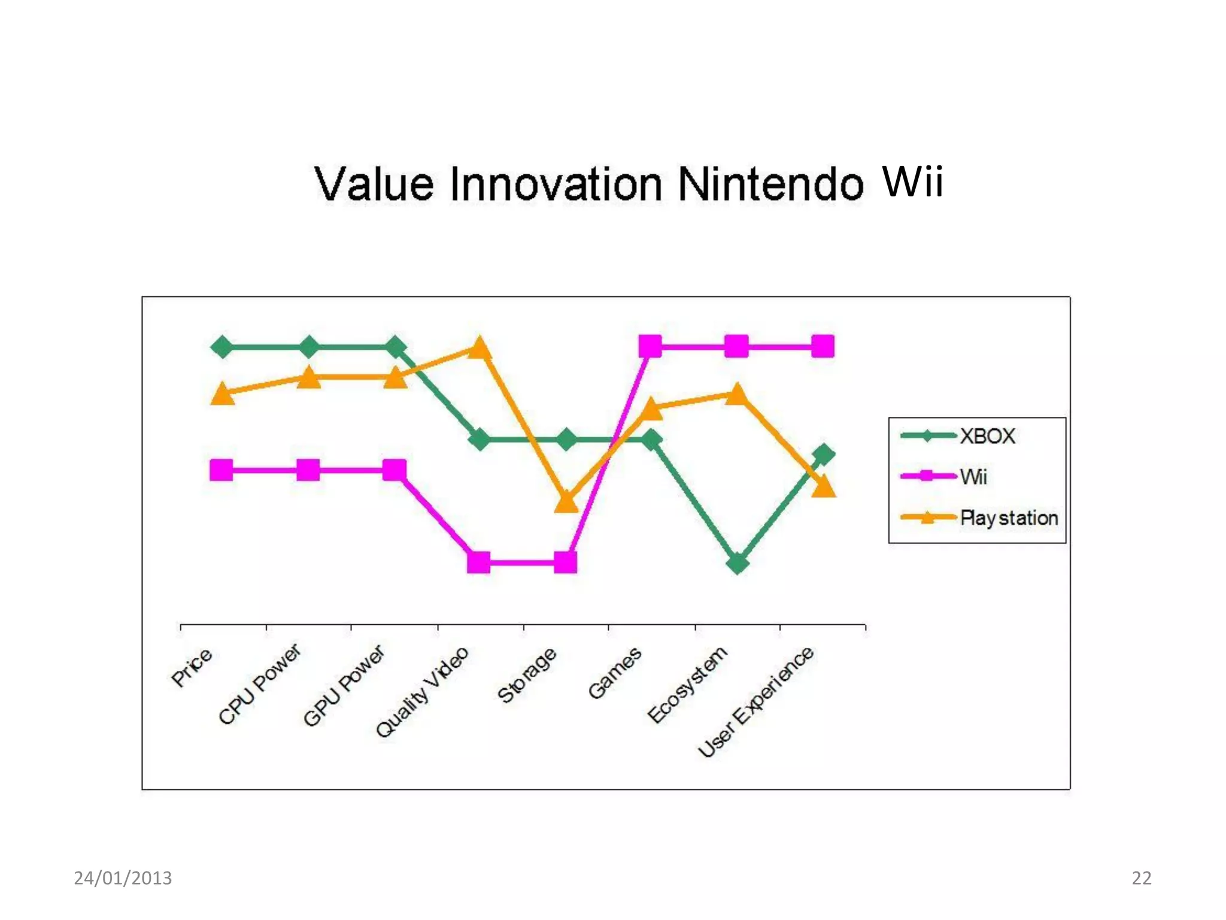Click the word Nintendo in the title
[770, 184]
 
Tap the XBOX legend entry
[987, 436]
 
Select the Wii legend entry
[973, 477]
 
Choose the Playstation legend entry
[1008, 517]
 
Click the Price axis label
[192, 667]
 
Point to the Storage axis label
[527, 674]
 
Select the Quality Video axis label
[422, 692]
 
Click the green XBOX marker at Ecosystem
[738, 563]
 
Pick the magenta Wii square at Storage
[566, 562]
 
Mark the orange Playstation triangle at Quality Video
[480, 348]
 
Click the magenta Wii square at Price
[221, 470]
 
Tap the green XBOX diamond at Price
[222, 347]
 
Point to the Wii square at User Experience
[823, 346]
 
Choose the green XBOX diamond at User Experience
[824, 455]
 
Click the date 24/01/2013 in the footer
[123, 878]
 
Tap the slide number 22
[1141, 878]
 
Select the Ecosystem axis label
[687, 684]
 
